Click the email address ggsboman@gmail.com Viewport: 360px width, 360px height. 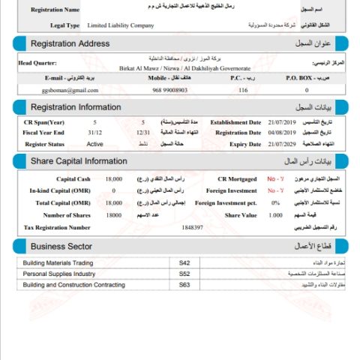50,90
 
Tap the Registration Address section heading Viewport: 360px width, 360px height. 70,44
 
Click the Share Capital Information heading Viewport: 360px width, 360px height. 79,161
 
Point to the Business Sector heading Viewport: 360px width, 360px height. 61,246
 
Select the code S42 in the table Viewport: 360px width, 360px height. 184,263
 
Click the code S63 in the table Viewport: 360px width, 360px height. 184,285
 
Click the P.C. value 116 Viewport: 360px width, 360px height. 243,90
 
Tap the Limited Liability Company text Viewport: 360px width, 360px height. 120,25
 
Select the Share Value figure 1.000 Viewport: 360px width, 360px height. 275,215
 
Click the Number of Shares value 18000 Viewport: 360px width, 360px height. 113,215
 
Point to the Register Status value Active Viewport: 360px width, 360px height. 95,143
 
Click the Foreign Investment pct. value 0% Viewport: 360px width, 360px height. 275,203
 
